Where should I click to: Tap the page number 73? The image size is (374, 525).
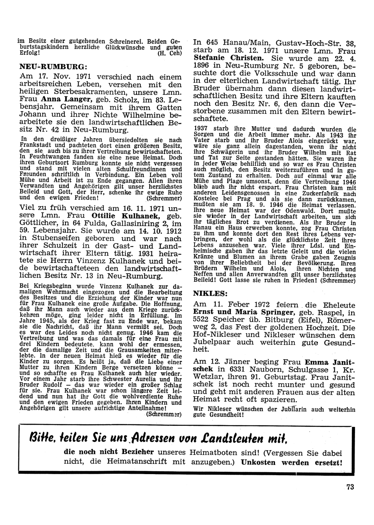350,487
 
